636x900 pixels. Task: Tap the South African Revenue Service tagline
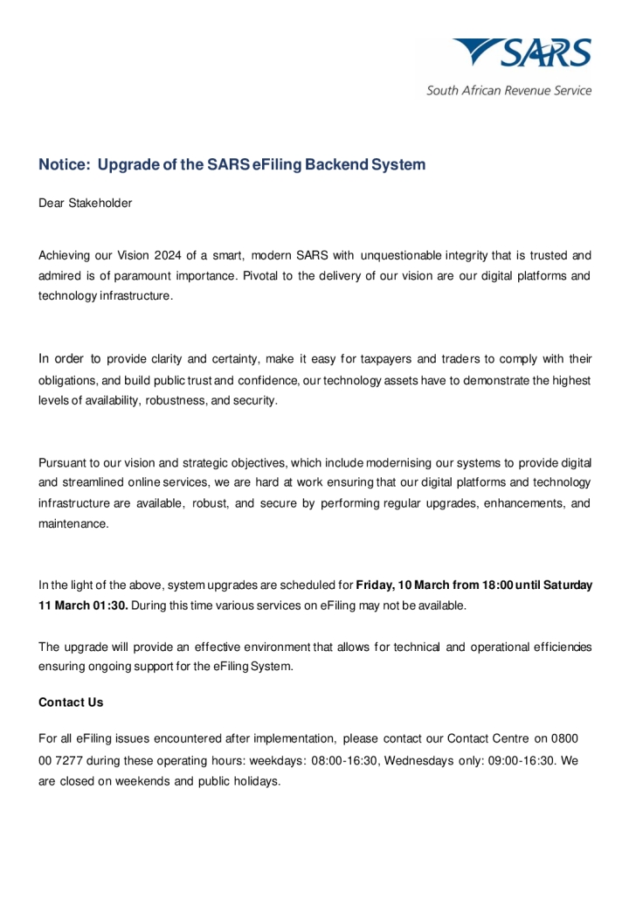[x=508, y=90]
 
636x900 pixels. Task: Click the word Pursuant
[x=64, y=462]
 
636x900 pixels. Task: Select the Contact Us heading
[x=71, y=703]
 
